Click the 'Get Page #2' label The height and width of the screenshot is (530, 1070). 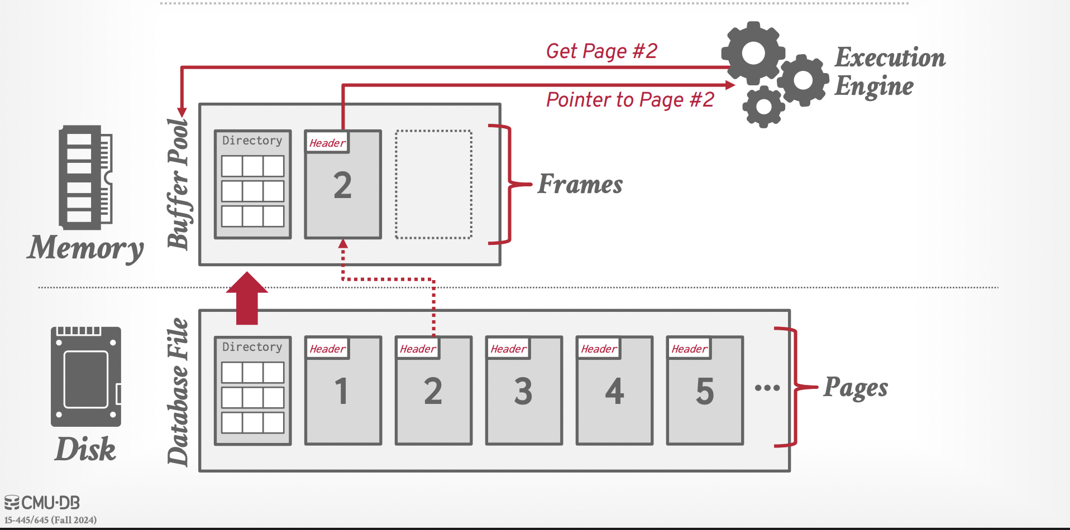[x=601, y=51]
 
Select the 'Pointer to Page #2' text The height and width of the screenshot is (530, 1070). [x=630, y=100]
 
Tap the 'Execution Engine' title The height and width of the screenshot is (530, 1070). [x=890, y=71]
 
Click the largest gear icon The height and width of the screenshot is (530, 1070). [x=753, y=54]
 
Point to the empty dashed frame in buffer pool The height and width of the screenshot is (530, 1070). [x=433, y=185]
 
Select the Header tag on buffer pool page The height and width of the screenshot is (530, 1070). [x=327, y=143]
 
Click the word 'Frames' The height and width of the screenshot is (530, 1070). [x=580, y=185]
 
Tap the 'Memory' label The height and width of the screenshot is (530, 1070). [x=85, y=248]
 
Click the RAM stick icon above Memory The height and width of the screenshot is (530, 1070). [x=85, y=177]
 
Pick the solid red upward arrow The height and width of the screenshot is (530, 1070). [x=247, y=298]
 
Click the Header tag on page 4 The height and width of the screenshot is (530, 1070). [x=599, y=349]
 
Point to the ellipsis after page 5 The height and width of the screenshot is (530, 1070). [x=767, y=388]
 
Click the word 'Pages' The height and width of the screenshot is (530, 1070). [x=856, y=388]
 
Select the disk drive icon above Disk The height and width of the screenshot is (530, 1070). [x=85, y=377]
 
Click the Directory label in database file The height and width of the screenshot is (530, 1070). [x=252, y=347]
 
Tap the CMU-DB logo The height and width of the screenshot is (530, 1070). [x=42, y=503]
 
